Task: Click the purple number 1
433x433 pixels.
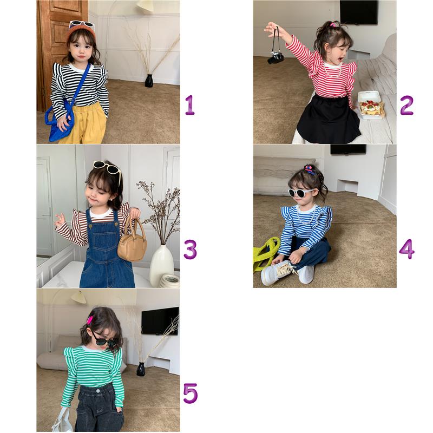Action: (x=190, y=105)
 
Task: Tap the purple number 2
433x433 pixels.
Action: (x=406, y=105)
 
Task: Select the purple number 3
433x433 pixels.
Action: (x=191, y=250)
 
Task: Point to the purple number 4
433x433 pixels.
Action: (x=407, y=249)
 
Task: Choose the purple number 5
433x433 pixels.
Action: (x=191, y=393)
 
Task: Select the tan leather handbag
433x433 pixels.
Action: (x=132, y=243)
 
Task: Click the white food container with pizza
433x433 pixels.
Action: (x=370, y=106)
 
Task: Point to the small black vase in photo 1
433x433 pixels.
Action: (x=149, y=81)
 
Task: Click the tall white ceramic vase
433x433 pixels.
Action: (x=162, y=266)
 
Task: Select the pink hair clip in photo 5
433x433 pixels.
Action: (x=90, y=320)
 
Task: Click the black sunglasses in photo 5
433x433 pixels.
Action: (x=104, y=341)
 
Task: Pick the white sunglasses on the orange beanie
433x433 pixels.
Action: (x=82, y=25)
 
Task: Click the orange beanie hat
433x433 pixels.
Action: (x=81, y=32)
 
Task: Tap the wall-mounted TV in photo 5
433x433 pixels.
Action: (x=160, y=321)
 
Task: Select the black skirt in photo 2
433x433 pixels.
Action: (x=329, y=119)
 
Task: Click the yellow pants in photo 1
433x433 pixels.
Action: (x=83, y=123)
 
